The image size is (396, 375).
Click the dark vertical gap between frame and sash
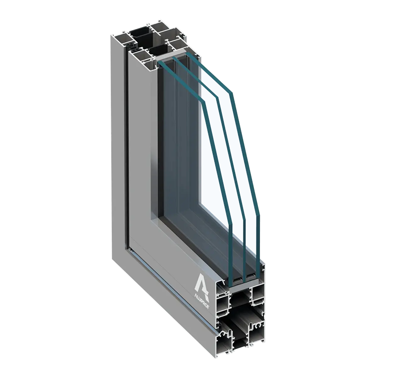tap(127, 148)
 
